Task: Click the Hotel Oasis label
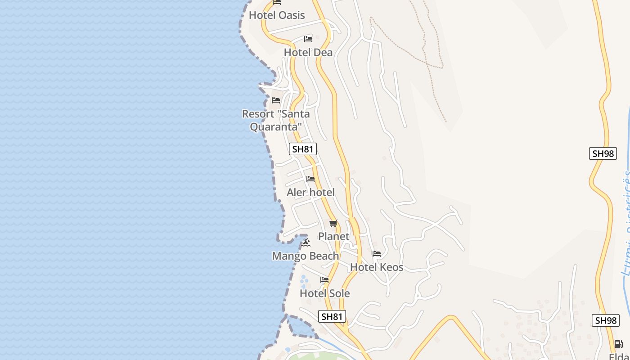tap(277, 15)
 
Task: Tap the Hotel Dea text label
tap(308, 52)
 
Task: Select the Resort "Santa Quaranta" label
tap(276, 120)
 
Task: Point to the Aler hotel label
tap(310, 193)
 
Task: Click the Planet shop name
tap(333, 236)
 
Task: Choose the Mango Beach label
tap(306, 256)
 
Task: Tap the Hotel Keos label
tap(377, 267)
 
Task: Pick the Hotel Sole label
tap(324, 293)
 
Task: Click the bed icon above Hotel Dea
tap(308, 39)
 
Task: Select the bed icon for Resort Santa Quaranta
tap(276, 100)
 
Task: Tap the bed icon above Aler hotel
tap(310, 179)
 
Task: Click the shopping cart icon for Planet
tap(333, 223)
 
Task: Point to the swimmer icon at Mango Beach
tap(306, 243)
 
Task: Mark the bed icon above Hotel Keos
tap(377, 254)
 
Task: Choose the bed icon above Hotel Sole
tap(324, 280)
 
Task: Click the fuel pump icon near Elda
tap(619, 344)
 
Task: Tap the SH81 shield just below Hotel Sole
tap(332, 316)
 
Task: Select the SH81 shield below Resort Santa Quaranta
tap(303, 149)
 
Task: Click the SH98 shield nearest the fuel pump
tap(606, 320)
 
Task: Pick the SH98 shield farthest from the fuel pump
tap(603, 153)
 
